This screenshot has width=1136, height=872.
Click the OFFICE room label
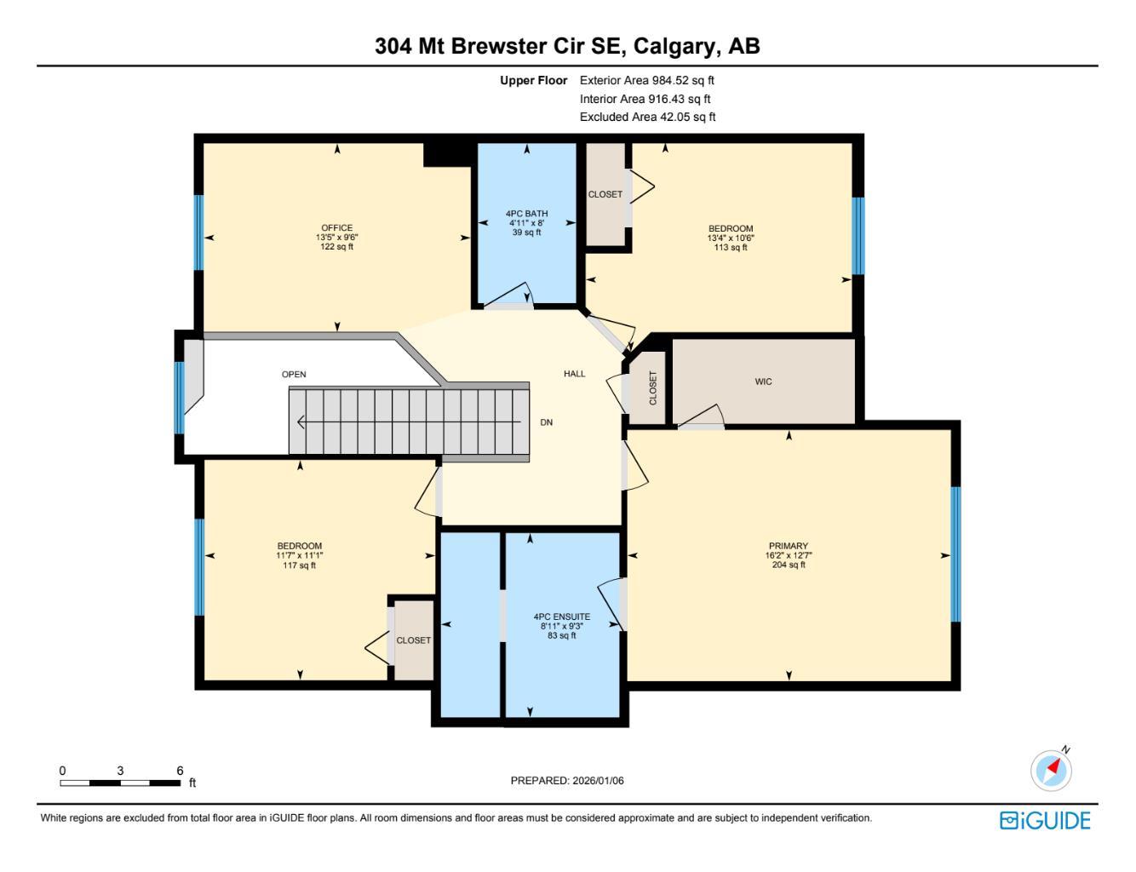[x=337, y=228]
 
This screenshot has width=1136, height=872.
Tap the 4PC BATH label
[x=526, y=214]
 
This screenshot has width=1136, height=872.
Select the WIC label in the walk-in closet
[x=763, y=381]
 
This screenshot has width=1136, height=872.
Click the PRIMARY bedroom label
[x=788, y=546]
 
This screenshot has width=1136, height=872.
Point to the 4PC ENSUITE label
[x=561, y=617]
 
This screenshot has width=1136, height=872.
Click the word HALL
[x=575, y=374]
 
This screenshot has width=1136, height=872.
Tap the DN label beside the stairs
[x=547, y=422]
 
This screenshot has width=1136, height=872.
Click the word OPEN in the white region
[x=294, y=375]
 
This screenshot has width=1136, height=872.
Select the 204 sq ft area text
[x=788, y=565]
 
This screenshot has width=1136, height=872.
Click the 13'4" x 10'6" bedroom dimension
[x=731, y=238]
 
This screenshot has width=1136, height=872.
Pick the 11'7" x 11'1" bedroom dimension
[x=300, y=555]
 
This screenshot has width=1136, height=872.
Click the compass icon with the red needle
[x=1052, y=770]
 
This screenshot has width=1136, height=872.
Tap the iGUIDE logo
[x=1045, y=820]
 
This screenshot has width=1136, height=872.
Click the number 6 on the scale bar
[x=180, y=771]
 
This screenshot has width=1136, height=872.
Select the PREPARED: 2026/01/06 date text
[x=567, y=780]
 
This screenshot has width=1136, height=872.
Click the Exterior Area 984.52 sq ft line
[x=646, y=81]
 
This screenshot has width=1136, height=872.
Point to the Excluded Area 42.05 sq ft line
[x=647, y=118]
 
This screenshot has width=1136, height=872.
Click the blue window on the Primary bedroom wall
[x=955, y=554]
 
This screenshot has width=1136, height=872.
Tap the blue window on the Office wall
[x=199, y=232]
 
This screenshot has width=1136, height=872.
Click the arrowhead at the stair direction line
[x=301, y=422]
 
